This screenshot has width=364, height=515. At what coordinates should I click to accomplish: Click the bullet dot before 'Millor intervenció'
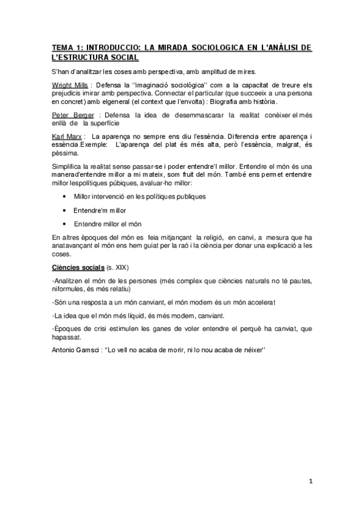65,196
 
